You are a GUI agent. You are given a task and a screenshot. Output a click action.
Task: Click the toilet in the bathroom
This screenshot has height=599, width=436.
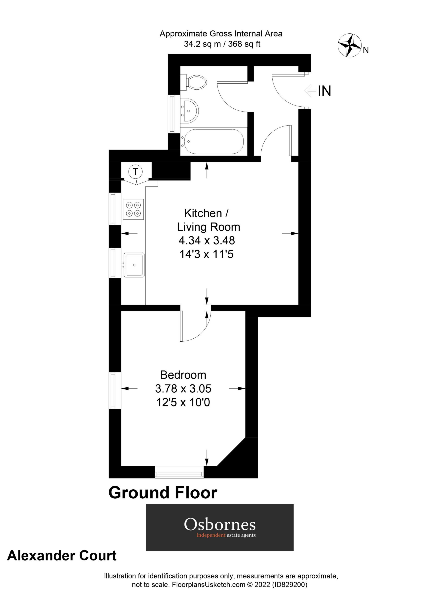coord(196,82)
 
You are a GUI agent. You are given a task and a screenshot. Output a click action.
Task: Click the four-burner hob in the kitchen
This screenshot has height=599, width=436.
coord(133,209)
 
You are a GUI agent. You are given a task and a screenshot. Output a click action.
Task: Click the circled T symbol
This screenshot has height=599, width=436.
coord(135,172)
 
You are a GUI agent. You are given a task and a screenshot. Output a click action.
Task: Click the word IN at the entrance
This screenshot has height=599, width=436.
coord(324,91)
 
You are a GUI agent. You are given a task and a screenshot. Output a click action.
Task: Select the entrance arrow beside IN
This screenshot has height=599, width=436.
coord(310,91)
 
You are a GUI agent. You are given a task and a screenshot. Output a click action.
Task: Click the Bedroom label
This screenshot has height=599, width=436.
coord(183,375)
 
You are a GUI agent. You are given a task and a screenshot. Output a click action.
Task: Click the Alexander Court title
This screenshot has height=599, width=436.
coord(62,556)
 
